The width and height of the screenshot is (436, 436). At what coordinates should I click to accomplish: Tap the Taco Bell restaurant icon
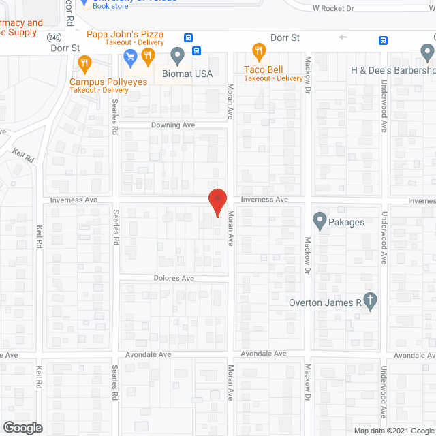[258, 50]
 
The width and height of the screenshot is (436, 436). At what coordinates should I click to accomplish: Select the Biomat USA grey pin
[178, 54]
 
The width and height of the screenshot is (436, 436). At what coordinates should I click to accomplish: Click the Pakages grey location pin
[319, 221]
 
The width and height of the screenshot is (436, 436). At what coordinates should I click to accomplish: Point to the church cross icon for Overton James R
[370, 301]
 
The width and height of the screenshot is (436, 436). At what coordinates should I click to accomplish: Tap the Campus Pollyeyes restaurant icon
[84, 65]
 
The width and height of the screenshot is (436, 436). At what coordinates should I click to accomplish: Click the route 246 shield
[54, 36]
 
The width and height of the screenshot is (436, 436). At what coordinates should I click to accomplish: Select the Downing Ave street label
[172, 125]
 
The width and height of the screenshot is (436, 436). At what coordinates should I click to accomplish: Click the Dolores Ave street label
[174, 279]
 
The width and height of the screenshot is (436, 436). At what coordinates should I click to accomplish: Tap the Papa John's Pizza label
[125, 33]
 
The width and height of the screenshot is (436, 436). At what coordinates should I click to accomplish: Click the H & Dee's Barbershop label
[392, 70]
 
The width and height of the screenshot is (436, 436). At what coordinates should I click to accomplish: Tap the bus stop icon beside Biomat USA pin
[197, 50]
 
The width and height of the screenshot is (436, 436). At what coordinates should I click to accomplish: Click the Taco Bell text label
[264, 69]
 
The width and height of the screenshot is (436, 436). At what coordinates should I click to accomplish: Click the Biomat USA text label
[187, 74]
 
